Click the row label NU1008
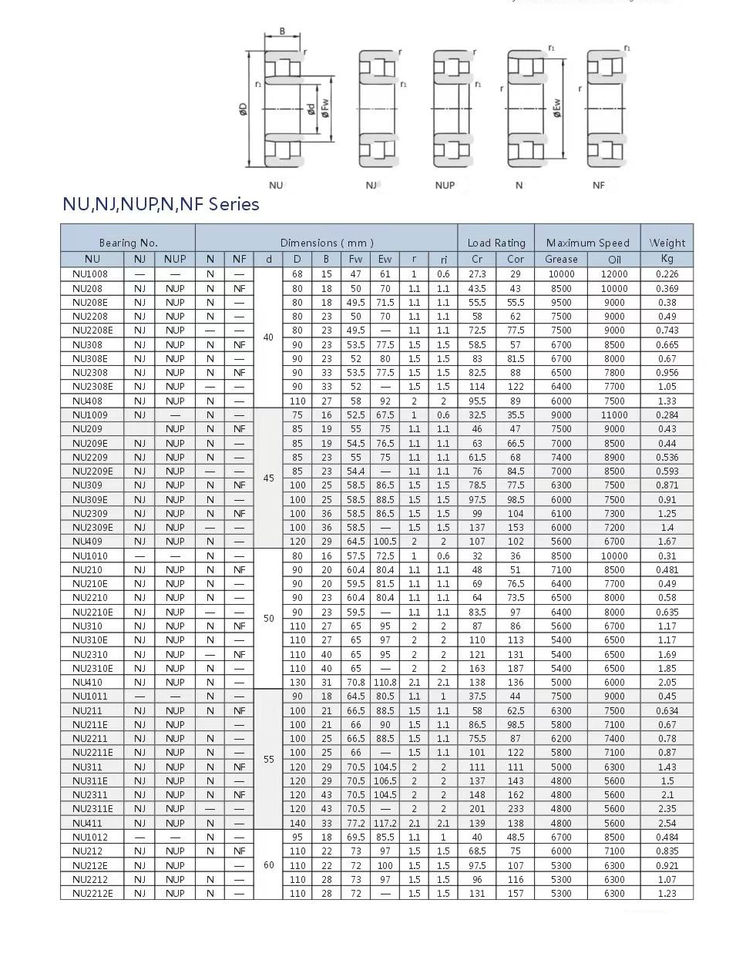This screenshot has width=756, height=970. (90, 274)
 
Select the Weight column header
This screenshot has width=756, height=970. (667, 243)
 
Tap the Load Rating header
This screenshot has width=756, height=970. (496, 243)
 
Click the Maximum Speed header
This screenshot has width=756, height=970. (587, 243)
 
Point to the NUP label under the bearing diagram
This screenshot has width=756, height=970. (445, 186)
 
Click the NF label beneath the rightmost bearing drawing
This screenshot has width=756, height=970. (599, 186)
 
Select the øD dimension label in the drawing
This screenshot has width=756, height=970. (244, 109)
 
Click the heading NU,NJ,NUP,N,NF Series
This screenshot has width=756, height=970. (160, 205)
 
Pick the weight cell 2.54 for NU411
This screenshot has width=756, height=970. (667, 823)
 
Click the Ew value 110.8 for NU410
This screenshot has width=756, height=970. (385, 683)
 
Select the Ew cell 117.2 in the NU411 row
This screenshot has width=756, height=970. (385, 823)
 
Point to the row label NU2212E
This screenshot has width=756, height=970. (92, 894)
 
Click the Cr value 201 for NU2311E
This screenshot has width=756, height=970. (477, 809)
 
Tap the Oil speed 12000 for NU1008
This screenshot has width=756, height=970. (614, 274)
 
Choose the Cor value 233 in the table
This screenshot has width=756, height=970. (516, 809)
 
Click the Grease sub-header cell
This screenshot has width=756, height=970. (561, 260)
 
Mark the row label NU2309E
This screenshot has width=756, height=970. (92, 528)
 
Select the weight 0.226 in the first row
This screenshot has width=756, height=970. (667, 274)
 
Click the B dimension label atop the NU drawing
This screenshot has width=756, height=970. (282, 32)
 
